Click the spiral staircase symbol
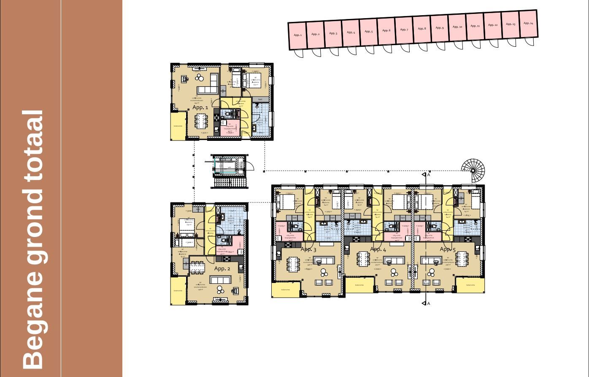(473, 170)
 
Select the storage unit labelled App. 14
(528, 24)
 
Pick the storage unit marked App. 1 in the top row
(297, 35)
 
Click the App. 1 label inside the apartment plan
(200, 108)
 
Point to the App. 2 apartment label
(222, 269)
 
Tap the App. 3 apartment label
(308, 250)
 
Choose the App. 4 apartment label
(378, 249)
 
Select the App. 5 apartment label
(448, 249)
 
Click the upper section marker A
(428, 175)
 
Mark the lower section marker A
(428, 303)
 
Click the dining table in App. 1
(201, 121)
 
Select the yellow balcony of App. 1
(178, 126)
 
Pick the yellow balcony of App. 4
(359, 285)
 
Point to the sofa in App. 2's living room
(220, 280)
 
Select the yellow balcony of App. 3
(286, 290)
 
